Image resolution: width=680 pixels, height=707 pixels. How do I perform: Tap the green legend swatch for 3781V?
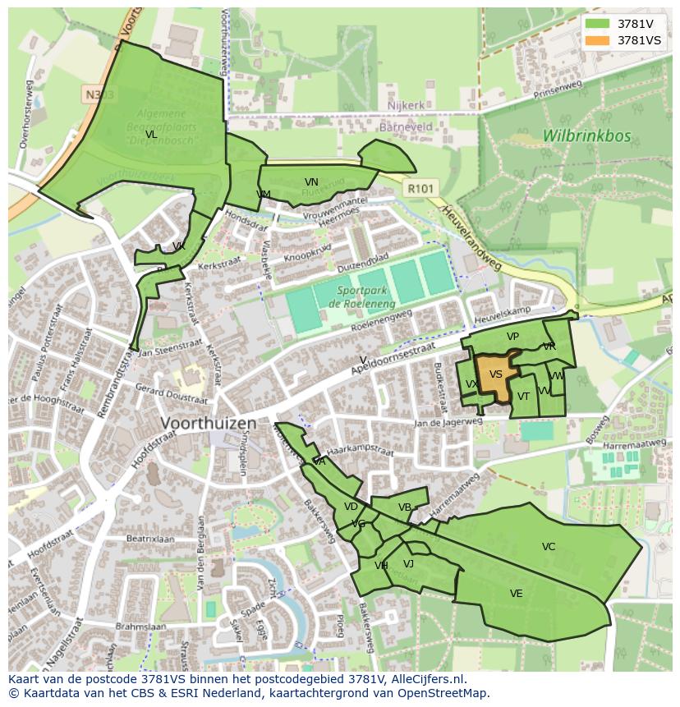click(x=597, y=24)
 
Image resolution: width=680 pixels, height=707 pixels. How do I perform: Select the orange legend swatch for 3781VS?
click(x=597, y=40)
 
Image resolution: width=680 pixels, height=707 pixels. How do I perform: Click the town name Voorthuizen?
click(x=209, y=424)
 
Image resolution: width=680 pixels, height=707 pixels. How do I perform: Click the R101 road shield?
click(x=421, y=189)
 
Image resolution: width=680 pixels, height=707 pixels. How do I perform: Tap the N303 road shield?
click(x=99, y=95)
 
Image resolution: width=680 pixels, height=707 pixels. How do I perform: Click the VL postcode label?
click(x=151, y=135)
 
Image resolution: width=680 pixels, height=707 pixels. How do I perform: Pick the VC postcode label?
click(x=549, y=547)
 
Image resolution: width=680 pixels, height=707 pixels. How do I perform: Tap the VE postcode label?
click(x=516, y=594)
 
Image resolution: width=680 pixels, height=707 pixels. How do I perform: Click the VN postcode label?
click(x=311, y=182)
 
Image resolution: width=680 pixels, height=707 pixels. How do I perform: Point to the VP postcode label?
click(x=512, y=337)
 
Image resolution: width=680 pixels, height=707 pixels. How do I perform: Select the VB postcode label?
click(x=404, y=507)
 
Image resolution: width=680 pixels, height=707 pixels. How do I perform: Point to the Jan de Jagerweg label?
click(x=448, y=421)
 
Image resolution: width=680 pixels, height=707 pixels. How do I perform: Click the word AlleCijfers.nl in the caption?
click(x=427, y=679)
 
